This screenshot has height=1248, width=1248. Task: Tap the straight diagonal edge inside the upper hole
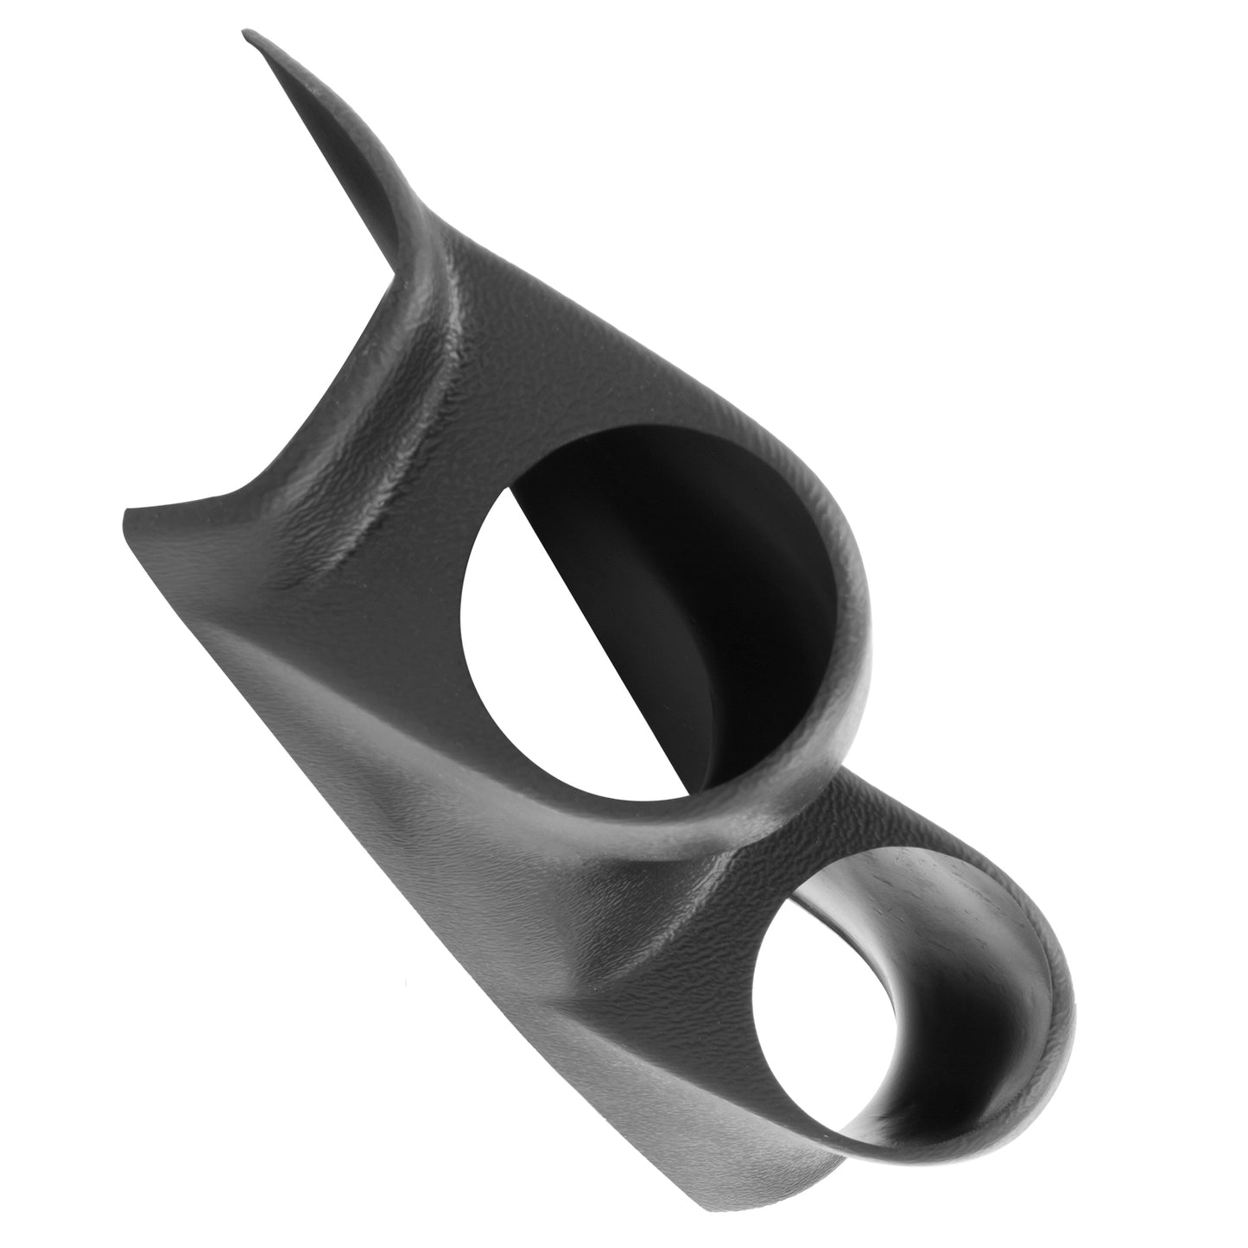[x=605, y=605]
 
